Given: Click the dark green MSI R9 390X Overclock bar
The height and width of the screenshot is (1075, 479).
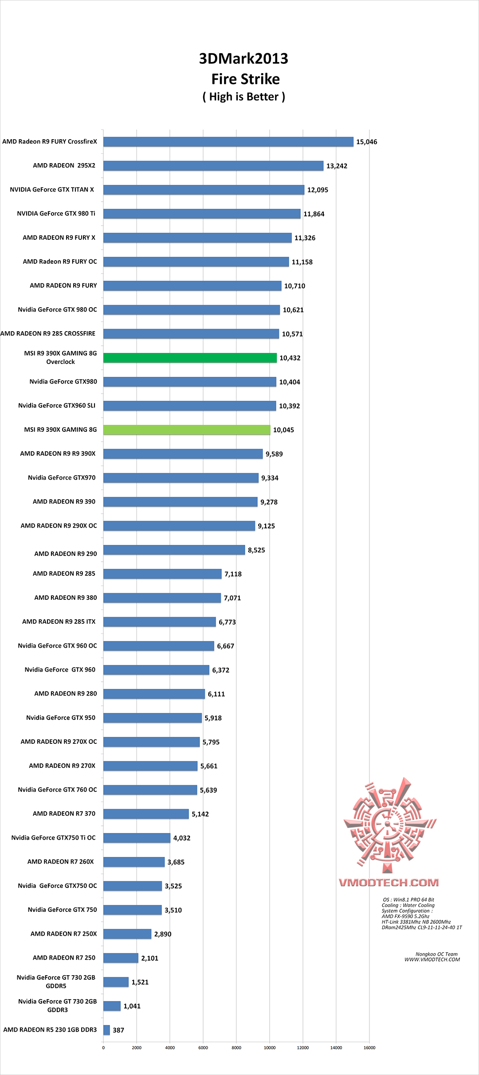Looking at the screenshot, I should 190,358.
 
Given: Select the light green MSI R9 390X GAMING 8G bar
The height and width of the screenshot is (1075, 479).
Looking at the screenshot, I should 187,430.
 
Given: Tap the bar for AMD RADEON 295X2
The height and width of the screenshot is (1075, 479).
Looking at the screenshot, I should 213,166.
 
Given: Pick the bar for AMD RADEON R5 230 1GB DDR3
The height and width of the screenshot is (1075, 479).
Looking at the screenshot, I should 106,1030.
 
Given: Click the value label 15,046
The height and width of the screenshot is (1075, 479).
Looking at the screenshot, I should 366,142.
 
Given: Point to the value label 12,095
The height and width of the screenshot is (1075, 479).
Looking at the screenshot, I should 318,190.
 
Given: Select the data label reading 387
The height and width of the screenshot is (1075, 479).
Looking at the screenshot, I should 118,1030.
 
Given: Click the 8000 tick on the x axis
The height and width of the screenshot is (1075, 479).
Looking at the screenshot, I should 236,1048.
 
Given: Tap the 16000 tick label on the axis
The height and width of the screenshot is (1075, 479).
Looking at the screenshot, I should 369,1048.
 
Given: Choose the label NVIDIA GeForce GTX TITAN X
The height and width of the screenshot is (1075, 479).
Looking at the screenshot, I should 52,190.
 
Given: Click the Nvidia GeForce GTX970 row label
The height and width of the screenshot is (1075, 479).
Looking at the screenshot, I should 62,477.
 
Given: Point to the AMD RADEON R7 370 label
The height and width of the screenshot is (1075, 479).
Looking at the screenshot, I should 64,813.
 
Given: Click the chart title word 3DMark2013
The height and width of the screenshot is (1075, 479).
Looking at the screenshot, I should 243,59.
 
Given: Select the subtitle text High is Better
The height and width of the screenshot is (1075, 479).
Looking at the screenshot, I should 244,97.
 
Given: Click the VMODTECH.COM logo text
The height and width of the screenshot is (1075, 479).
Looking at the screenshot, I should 389,882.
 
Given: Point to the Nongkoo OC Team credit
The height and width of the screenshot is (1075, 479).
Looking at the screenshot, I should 436,954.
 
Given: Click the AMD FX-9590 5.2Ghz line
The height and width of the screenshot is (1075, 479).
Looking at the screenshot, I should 405,916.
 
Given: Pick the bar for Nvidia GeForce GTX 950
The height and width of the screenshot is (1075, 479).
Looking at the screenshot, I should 153,718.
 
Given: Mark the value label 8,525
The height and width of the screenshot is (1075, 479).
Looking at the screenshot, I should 256,550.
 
